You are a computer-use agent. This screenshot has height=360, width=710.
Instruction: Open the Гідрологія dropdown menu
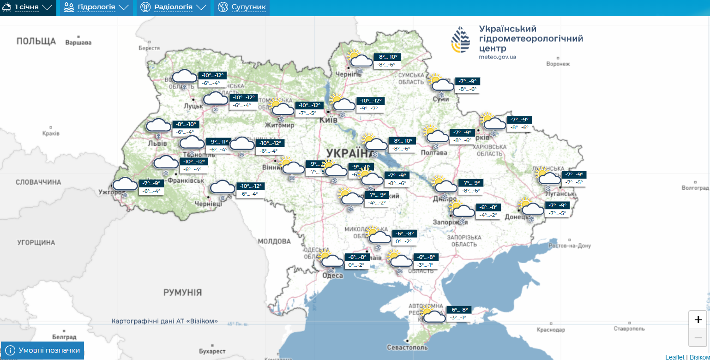96,8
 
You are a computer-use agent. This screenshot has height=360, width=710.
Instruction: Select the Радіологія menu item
173,8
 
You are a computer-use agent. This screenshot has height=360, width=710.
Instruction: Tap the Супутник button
242,8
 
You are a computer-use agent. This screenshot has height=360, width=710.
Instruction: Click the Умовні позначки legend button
42,350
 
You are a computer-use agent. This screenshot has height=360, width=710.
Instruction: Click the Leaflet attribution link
675,357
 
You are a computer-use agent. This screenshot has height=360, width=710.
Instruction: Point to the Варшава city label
78,43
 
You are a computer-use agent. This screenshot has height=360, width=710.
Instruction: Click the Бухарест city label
212,351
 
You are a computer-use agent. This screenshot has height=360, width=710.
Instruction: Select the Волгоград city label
695,188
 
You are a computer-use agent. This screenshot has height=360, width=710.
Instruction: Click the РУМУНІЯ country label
182,292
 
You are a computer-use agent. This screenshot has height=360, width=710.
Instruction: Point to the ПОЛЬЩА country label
36,41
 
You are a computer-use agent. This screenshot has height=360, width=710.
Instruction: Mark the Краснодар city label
551,330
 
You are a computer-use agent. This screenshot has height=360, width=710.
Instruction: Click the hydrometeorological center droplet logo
461,40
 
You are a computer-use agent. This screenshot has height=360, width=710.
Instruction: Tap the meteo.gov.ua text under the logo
498,57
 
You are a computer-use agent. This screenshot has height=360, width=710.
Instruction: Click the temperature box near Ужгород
151,187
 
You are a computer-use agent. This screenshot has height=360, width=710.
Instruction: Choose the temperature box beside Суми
467,85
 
